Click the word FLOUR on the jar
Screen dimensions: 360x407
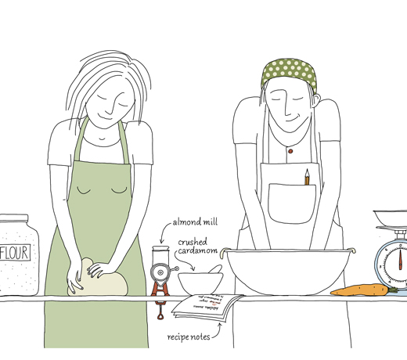coord(13,254)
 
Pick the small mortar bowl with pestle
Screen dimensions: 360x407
coord(199,281)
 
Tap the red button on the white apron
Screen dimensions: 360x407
coord(289,150)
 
